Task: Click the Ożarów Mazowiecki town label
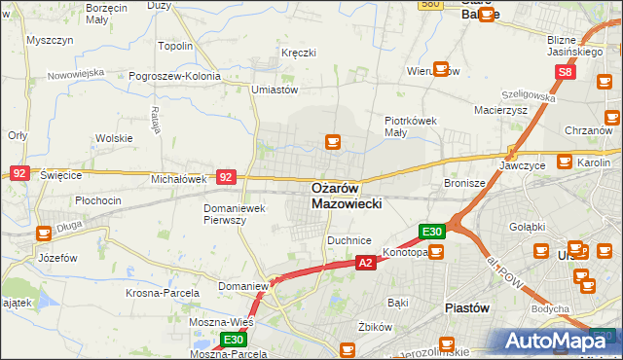point(348,196)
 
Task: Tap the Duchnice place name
point(349,239)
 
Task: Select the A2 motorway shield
point(365,263)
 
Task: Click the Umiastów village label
point(274,90)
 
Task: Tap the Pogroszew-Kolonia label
point(184,74)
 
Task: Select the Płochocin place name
point(98,200)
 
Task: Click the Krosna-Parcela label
point(163,292)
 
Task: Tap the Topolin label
point(175,46)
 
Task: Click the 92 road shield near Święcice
point(19,172)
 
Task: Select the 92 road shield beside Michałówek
point(226,177)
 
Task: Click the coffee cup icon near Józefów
point(44,234)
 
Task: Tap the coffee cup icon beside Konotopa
point(435,252)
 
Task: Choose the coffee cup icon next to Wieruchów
point(441,69)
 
